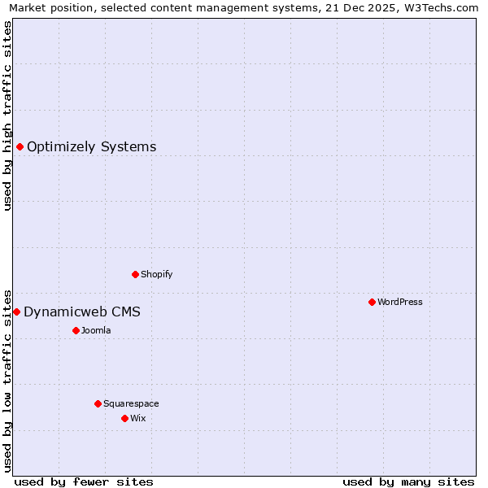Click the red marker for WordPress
(372, 302)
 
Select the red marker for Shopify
(135, 274)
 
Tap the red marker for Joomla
(76, 330)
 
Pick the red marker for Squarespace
(98, 403)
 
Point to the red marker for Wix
(124, 418)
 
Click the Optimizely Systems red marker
(20, 146)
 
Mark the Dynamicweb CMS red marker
(16, 312)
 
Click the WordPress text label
(400, 302)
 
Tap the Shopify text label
(157, 274)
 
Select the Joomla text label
(96, 330)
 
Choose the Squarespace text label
(131, 403)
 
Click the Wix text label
(138, 418)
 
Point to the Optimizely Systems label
(92, 147)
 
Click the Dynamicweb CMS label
(82, 312)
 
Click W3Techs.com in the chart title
(444, 8)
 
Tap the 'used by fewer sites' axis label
(84, 481)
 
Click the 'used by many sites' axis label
(408, 481)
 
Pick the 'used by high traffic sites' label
(8, 115)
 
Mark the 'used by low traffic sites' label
(8, 380)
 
